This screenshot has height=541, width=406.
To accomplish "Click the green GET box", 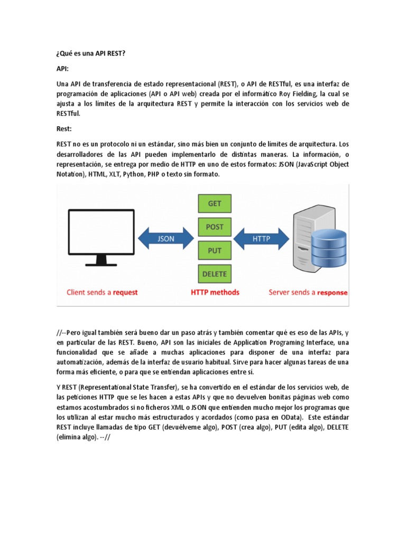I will (215, 203).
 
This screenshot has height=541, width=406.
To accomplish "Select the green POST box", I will (215, 227).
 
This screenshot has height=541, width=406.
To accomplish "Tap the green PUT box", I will (215, 250).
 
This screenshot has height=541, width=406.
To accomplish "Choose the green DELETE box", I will (215, 274).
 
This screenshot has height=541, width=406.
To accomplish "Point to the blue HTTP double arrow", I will (261, 239).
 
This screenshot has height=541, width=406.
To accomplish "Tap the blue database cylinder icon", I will (329, 245).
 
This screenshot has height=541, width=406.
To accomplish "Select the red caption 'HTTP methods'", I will (215, 292).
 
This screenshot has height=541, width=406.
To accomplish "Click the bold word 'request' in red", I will (125, 292).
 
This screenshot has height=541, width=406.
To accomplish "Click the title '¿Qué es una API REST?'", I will (90, 54).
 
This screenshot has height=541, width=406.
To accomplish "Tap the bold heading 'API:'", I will (62, 69).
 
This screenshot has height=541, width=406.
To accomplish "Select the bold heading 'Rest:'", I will (63, 128).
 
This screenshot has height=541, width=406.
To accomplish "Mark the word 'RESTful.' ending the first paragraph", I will (69, 114).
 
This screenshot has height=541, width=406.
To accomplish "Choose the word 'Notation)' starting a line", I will (70, 174).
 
